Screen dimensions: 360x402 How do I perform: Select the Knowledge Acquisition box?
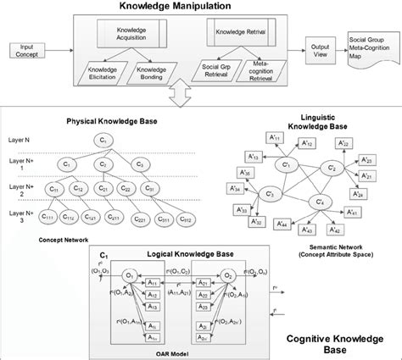coord(132,35)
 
